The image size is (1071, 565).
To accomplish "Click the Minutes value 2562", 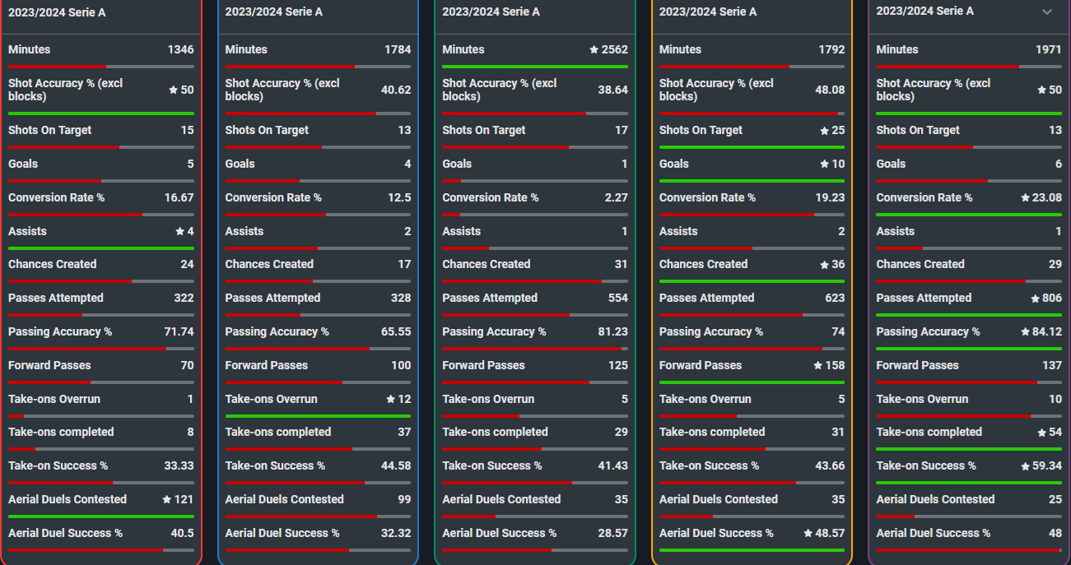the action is pos(614,49).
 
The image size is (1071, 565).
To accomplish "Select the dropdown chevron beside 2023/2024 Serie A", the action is pos(1047,12).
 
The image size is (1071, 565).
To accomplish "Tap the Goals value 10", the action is pos(838,164).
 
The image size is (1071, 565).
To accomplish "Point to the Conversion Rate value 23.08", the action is pos(1047,197).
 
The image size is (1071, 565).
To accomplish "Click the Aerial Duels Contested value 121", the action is pos(184,499).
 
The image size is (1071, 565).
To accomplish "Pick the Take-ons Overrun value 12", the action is pos(404,399).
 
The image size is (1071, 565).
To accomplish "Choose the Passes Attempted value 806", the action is pos(1052,298).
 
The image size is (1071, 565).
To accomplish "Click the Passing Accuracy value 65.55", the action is pos(396,332).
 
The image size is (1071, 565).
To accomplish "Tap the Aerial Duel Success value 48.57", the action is pos(830,533).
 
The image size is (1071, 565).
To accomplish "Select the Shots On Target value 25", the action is pos(838,131).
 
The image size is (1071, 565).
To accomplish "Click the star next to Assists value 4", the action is pos(179,232).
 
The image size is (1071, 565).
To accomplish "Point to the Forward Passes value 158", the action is pos(835,365).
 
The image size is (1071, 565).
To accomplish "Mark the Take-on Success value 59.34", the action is pos(1047,465).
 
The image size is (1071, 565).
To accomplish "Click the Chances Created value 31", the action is pos(621,264).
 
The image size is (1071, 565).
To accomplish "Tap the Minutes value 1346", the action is pos(181,49).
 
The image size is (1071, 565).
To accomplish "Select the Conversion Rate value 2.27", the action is pos(617,197).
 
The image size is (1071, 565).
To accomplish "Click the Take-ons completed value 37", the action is pos(404,433).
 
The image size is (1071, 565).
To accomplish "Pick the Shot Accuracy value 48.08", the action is pos(830,90).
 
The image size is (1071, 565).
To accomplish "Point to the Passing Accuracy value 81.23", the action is pos(613,332).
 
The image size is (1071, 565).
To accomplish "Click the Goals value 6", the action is pos(1059,164).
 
